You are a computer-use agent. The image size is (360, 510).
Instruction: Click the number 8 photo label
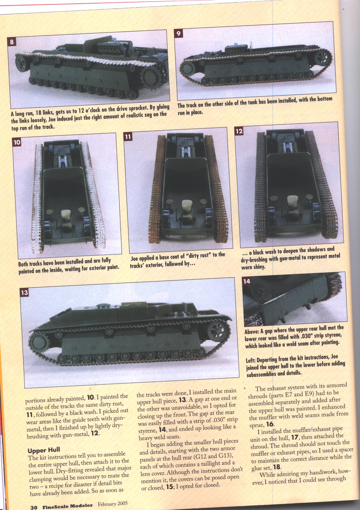[12, 42]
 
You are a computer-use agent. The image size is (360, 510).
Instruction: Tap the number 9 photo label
[178, 33]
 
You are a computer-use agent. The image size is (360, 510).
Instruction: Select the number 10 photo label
[17, 142]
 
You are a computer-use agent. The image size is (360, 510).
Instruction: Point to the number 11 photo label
[128, 137]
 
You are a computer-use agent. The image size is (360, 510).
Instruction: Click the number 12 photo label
[239, 131]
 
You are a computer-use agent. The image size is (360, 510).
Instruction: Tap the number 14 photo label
[246, 282]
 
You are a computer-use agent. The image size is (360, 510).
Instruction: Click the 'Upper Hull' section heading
[44, 450]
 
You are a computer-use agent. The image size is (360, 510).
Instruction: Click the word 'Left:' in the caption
[251, 361]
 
